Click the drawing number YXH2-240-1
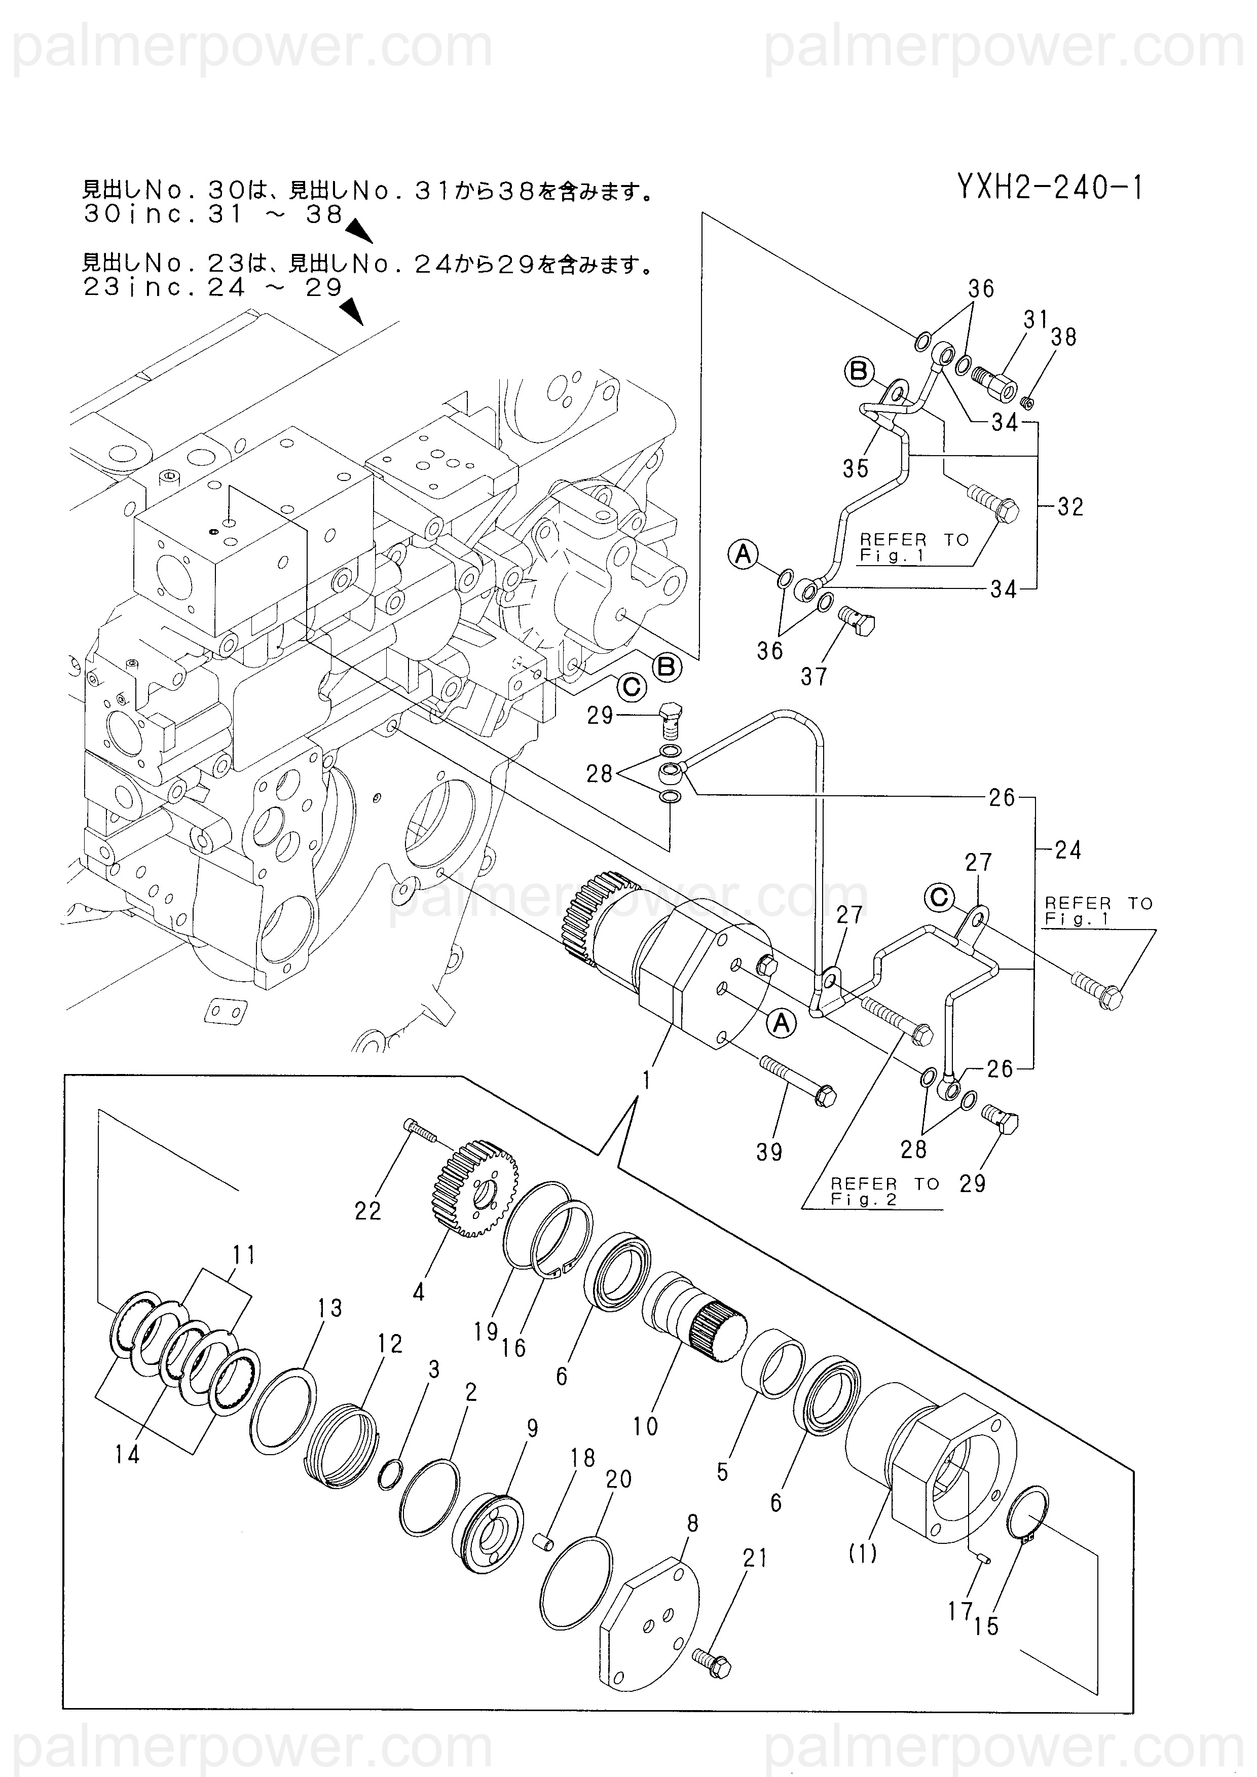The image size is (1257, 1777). pos(1050,188)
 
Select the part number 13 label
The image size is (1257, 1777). pos(330,1308)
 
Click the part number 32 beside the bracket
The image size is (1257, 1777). pos(1070,507)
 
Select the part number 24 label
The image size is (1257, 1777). pos(1068,850)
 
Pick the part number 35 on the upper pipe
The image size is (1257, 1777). pos(856,468)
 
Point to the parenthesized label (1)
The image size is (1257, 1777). pos(862,1552)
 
